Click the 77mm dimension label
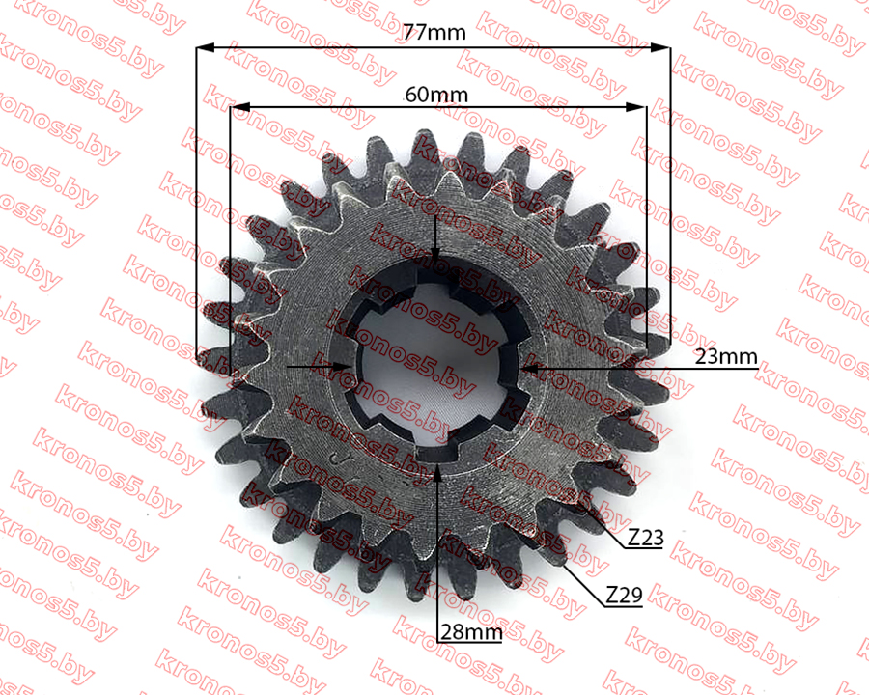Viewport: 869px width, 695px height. (434, 33)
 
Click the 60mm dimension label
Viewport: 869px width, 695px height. (436, 95)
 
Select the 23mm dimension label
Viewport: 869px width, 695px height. (726, 356)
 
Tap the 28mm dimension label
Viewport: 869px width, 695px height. (471, 632)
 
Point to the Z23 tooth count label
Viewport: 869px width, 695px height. (646, 537)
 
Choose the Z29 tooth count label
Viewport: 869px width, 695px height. (624, 596)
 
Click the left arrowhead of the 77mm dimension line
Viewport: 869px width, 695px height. (205, 47)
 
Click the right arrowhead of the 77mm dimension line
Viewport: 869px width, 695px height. (660, 47)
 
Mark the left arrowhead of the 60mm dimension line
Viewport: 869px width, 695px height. (240, 107)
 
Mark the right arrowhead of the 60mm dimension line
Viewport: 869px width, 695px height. (636, 107)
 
